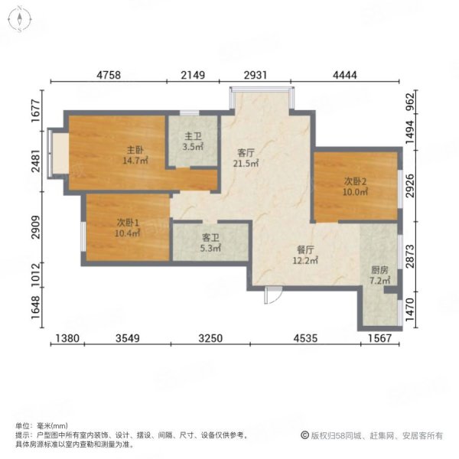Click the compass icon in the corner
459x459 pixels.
tap(20, 19)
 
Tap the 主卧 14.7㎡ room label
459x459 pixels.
tap(135, 155)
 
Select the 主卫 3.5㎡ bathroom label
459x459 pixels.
tap(193, 142)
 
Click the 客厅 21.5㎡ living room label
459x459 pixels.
tap(246, 158)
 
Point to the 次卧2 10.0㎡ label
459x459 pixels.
tap(355, 187)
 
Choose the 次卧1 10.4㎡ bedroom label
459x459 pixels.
tap(128, 228)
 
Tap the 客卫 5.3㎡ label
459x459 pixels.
tap(210, 243)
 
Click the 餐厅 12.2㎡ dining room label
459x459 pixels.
tap(305, 255)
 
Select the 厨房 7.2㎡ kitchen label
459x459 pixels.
tap(379, 275)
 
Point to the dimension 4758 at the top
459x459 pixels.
tap(109, 75)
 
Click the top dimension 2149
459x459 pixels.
tap(193, 75)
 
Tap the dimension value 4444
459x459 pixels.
tap(345, 75)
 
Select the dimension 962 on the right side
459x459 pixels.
tap(410, 102)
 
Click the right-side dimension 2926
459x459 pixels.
tap(410, 186)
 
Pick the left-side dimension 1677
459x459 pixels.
tap(35, 111)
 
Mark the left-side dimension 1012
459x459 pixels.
tap(35, 275)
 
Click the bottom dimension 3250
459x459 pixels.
tap(210, 338)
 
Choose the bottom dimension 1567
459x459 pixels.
tap(379, 338)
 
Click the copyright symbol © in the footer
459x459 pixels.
tap(304, 435)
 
